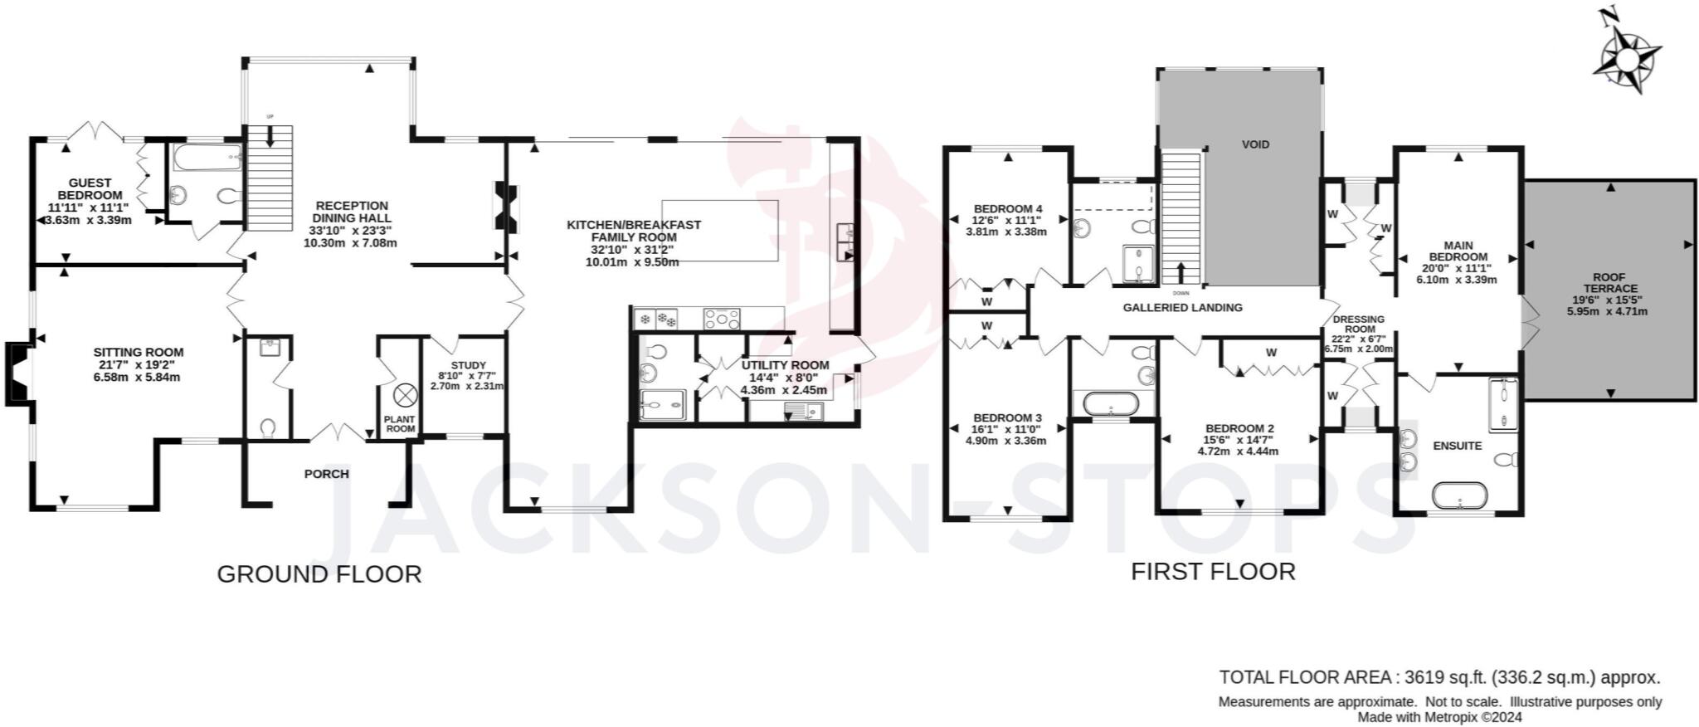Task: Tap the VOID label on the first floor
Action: tap(1255, 144)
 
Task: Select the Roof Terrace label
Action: tap(1609, 283)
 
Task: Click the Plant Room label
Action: tap(400, 424)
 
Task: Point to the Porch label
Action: tap(327, 474)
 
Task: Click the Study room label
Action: tap(468, 365)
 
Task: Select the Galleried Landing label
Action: tap(1182, 307)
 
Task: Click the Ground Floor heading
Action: tap(319, 573)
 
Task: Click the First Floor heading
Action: tap(1213, 571)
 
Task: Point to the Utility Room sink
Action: tap(801, 409)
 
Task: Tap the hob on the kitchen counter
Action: tap(722, 318)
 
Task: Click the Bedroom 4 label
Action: tap(1007, 208)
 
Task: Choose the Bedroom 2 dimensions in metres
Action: tap(1238, 451)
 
